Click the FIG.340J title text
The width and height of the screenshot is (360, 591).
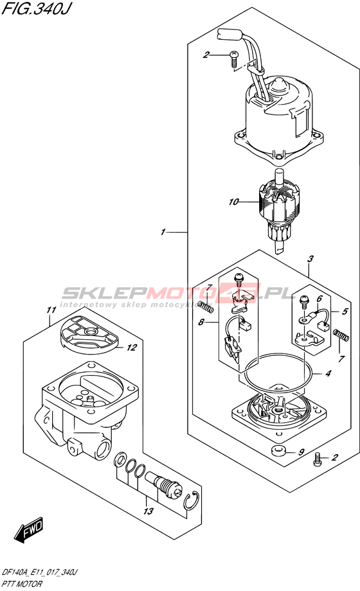(36, 8)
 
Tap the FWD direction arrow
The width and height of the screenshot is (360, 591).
(29, 531)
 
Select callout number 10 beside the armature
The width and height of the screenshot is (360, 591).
(233, 202)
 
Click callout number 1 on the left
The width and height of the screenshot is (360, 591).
(163, 232)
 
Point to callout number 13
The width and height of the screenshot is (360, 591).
(148, 511)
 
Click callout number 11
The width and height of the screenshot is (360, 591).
(51, 310)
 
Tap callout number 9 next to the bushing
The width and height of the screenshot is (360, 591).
(301, 452)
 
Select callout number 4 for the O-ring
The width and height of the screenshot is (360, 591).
(328, 373)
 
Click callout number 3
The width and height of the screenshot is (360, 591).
(310, 259)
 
